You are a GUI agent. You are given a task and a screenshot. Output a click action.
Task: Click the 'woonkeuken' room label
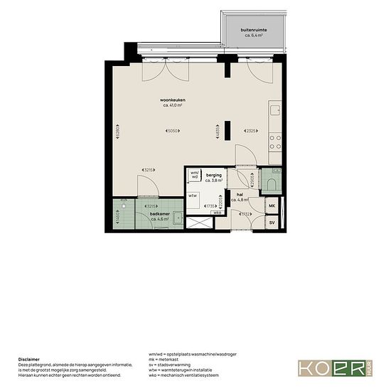click(173, 100)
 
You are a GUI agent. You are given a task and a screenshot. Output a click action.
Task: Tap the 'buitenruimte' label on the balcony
click(255, 29)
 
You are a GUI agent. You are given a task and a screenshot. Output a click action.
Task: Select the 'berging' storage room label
click(214, 174)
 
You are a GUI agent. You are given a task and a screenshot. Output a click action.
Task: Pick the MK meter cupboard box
click(272, 206)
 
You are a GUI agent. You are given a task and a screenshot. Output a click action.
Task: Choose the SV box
click(272, 223)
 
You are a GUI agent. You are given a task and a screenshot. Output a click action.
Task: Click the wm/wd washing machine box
click(194, 174)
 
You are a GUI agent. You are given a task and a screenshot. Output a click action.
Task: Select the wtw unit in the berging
click(193, 195)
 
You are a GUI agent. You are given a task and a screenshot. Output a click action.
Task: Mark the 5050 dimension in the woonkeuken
click(171, 131)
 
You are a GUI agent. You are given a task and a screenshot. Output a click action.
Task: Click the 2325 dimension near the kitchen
click(251, 131)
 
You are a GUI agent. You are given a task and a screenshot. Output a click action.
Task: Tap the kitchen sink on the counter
click(275, 111)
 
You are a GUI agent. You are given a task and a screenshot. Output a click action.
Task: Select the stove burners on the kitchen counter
click(276, 141)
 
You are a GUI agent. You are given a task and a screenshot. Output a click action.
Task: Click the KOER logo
click(334, 368)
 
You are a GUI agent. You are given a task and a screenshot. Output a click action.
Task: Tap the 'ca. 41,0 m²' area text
click(173, 106)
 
